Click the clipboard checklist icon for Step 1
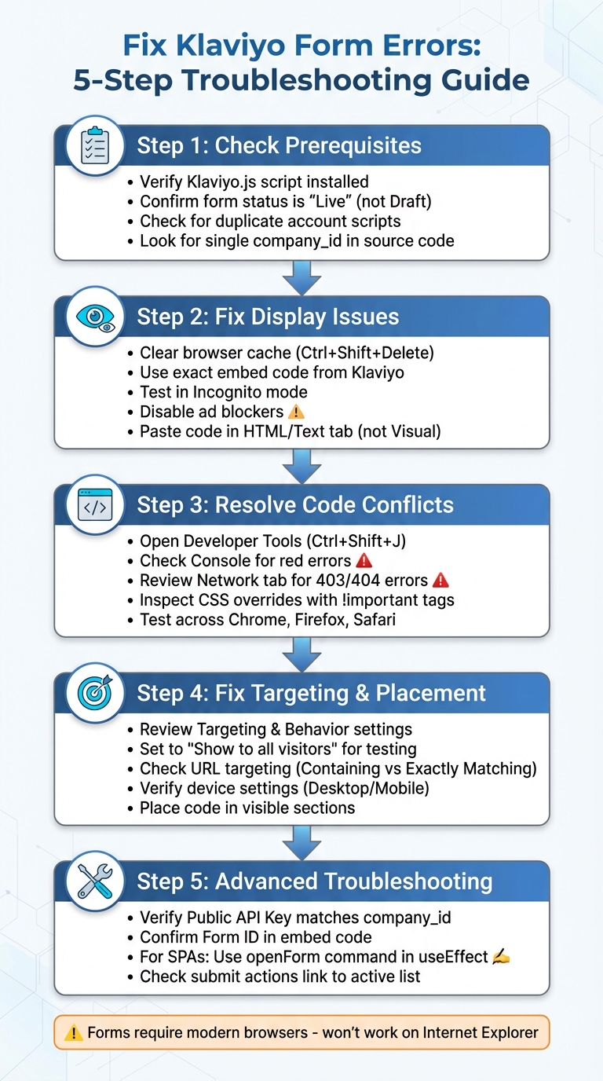95,145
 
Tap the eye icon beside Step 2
95,316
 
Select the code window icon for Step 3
95,504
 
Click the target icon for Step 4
95,693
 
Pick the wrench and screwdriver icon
95,881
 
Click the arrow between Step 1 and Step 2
301,277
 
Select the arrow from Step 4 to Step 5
301,842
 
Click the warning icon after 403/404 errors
440,581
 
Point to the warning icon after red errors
364,561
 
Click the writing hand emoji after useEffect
500,957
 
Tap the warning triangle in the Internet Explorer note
74,1032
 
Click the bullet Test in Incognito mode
223,392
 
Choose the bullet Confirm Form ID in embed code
255,937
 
